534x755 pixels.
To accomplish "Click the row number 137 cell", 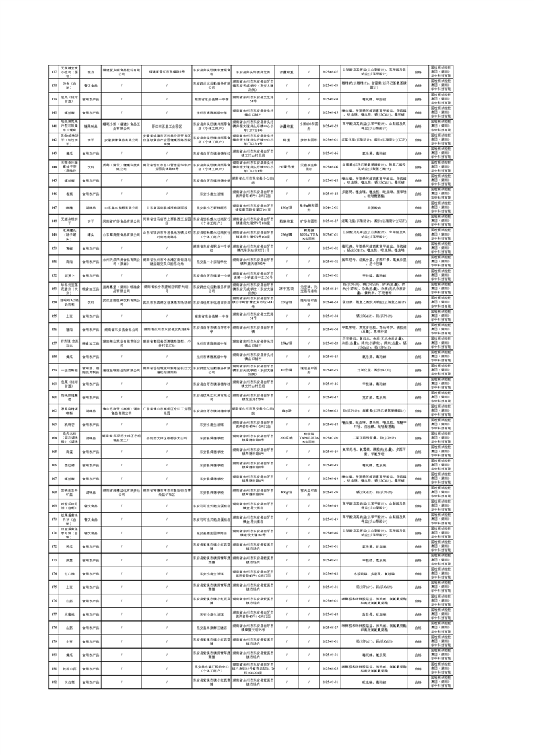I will point(55,71).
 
